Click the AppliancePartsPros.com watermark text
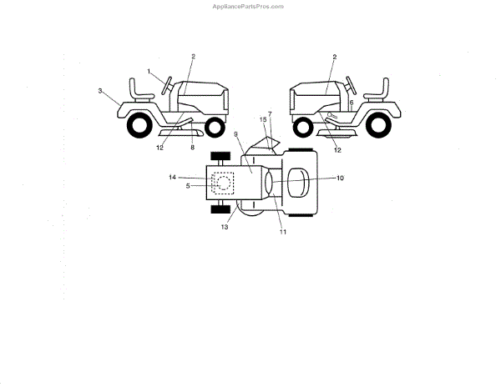(250, 6)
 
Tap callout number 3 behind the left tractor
(100, 90)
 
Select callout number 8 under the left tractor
(192, 147)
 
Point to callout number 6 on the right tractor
(352, 101)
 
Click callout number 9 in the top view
(236, 134)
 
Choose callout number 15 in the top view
(264, 120)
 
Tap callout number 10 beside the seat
(340, 178)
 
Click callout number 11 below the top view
(283, 231)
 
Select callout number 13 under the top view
(225, 226)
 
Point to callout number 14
(173, 177)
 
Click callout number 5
(188, 185)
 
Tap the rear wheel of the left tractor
(134, 125)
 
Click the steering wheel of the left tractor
(168, 83)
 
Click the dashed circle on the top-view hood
(223, 182)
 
